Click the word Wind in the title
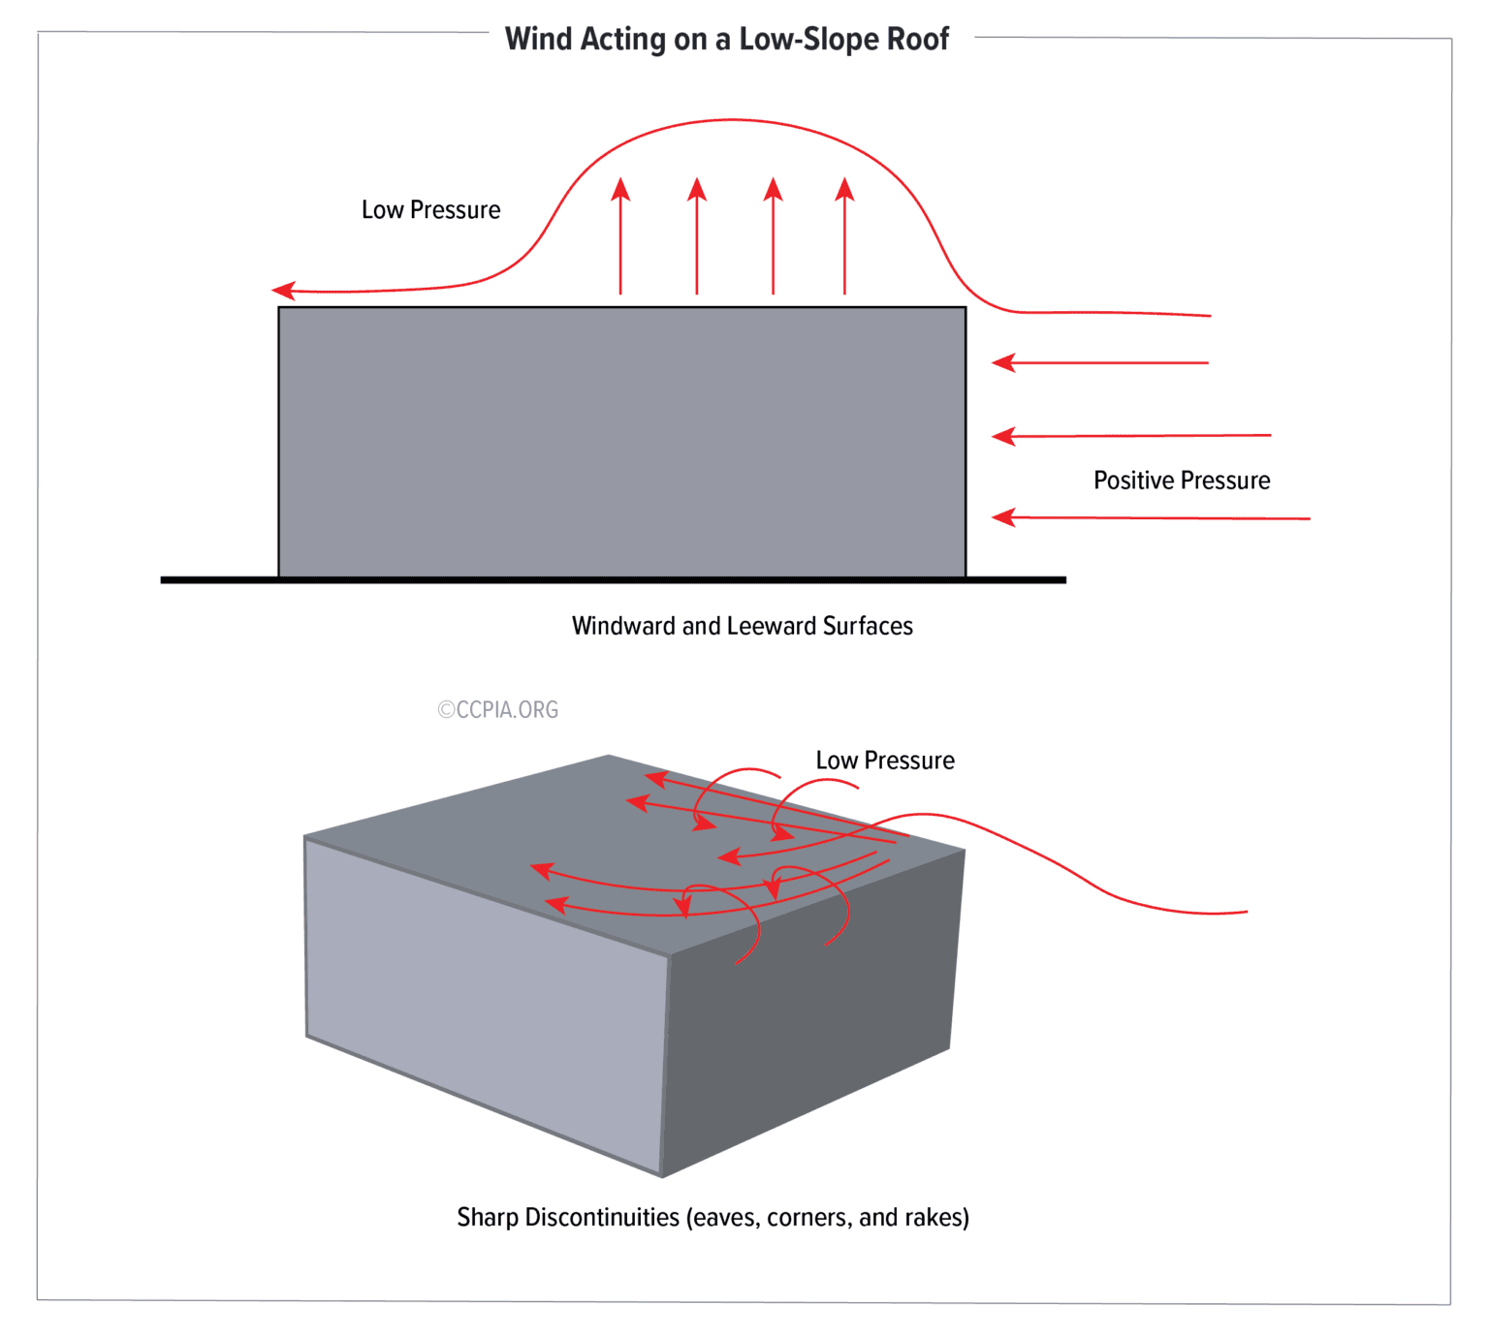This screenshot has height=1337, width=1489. pos(538,39)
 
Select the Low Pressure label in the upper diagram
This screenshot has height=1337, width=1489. pos(430,210)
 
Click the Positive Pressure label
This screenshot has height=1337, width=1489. pos(1181,481)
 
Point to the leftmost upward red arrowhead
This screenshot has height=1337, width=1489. pos(621,188)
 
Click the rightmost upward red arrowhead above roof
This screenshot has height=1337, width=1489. pos(844,188)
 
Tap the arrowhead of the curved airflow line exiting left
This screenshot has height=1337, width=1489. pos(283,290)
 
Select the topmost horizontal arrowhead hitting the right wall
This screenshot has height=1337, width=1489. pos(1003,362)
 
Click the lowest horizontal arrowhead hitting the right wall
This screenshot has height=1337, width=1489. pos(1003,517)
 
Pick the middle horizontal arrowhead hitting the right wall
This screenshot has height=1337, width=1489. pos(1003,436)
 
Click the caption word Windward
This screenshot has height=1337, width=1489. pos(623,626)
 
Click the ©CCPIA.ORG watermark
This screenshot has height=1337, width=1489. pos(497,710)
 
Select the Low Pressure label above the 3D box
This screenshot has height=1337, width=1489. pos(884,761)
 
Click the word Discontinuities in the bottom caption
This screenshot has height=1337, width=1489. pos(601,1217)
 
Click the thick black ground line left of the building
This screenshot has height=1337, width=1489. pos(218,579)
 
